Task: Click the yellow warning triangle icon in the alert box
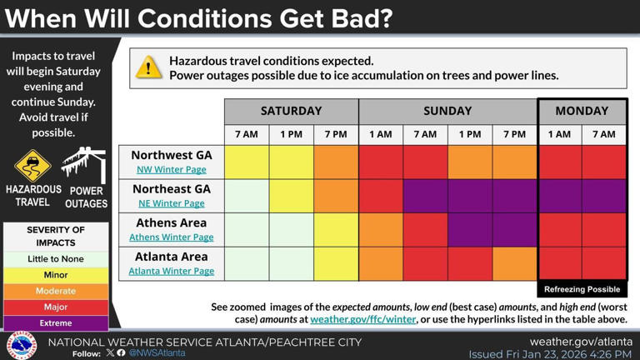coord(148,68)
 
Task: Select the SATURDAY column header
coord(291,111)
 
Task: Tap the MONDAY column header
coord(582,111)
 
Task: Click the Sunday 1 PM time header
coord(470,134)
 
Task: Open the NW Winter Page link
coord(171,169)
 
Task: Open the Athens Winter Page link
coord(171,237)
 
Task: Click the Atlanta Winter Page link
coord(171,271)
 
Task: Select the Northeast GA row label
coord(171,189)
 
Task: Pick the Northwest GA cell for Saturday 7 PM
coord(336,162)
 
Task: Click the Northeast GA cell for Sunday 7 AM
coord(425,196)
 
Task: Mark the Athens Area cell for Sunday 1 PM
coord(470,230)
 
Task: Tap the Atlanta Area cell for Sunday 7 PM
coord(514,263)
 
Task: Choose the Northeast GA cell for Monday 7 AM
coord(604,196)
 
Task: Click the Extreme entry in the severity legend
coord(56,322)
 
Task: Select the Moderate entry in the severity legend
coord(56,291)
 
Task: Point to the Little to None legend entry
coord(56,259)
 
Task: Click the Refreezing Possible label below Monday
coord(582,289)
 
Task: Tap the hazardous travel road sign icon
coord(32,167)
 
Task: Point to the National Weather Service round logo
coord(22,344)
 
